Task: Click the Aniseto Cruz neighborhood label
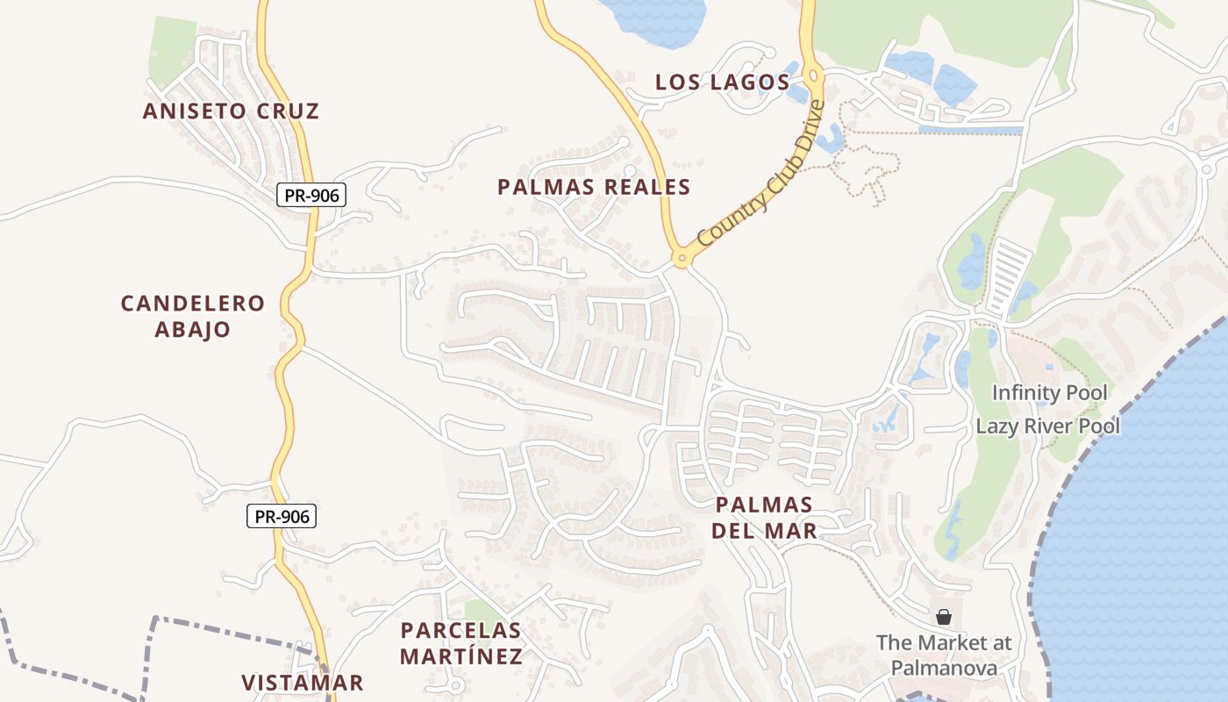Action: click(x=231, y=111)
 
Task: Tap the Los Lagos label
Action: click(x=722, y=82)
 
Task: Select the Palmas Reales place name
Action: click(x=594, y=187)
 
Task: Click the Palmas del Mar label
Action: click(x=764, y=517)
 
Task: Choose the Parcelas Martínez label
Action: click(x=460, y=643)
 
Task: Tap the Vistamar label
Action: click(x=302, y=683)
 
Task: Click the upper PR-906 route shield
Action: click(x=311, y=195)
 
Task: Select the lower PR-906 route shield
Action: click(x=281, y=517)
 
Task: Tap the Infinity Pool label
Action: click(x=1049, y=393)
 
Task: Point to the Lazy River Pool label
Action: click(x=1048, y=426)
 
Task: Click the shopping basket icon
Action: click(x=944, y=617)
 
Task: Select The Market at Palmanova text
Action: click(x=944, y=655)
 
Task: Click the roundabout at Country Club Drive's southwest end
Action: click(x=681, y=259)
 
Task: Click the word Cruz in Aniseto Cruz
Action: click(x=289, y=111)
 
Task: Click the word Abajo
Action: click(x=193, y=329)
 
